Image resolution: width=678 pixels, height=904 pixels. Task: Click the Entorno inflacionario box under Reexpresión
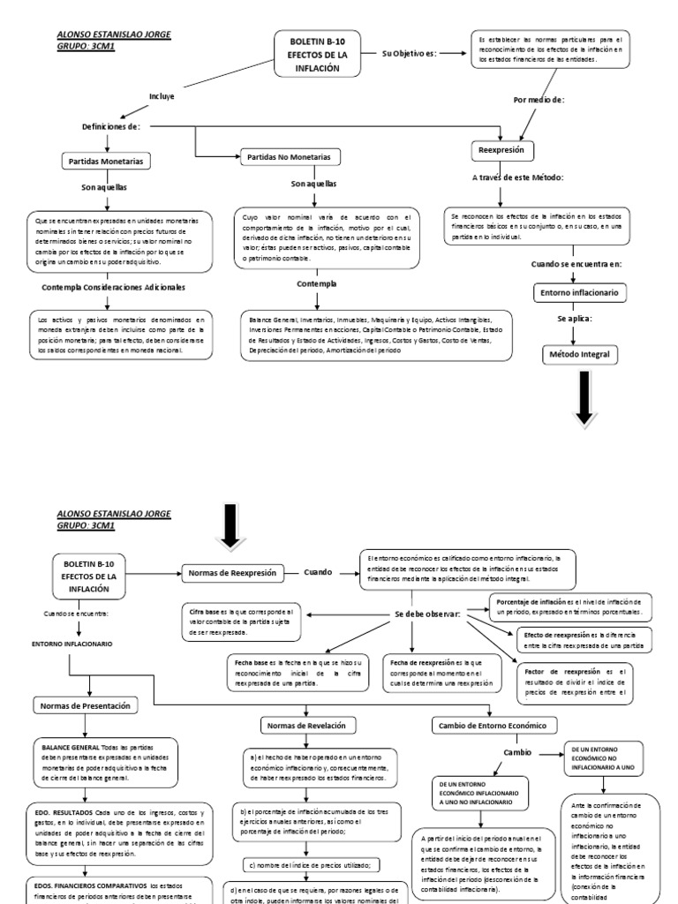579,291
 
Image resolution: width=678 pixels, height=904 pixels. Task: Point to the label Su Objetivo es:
410,53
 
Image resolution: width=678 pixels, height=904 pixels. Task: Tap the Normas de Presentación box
91,705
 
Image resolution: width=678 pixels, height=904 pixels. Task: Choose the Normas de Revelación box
300,725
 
